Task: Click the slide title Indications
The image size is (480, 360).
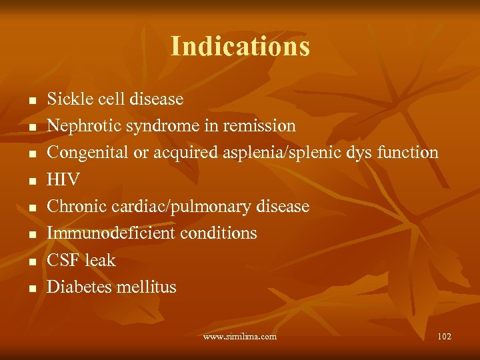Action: tap(240, 47)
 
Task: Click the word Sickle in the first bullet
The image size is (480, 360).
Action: tap(65, 99)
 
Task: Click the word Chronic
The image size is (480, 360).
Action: tap(72, 207)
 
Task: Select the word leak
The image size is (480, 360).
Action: tap(99, 260)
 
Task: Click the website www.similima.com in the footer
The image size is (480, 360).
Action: tap(240, 337)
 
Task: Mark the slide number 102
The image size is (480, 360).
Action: tap(444, 337)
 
